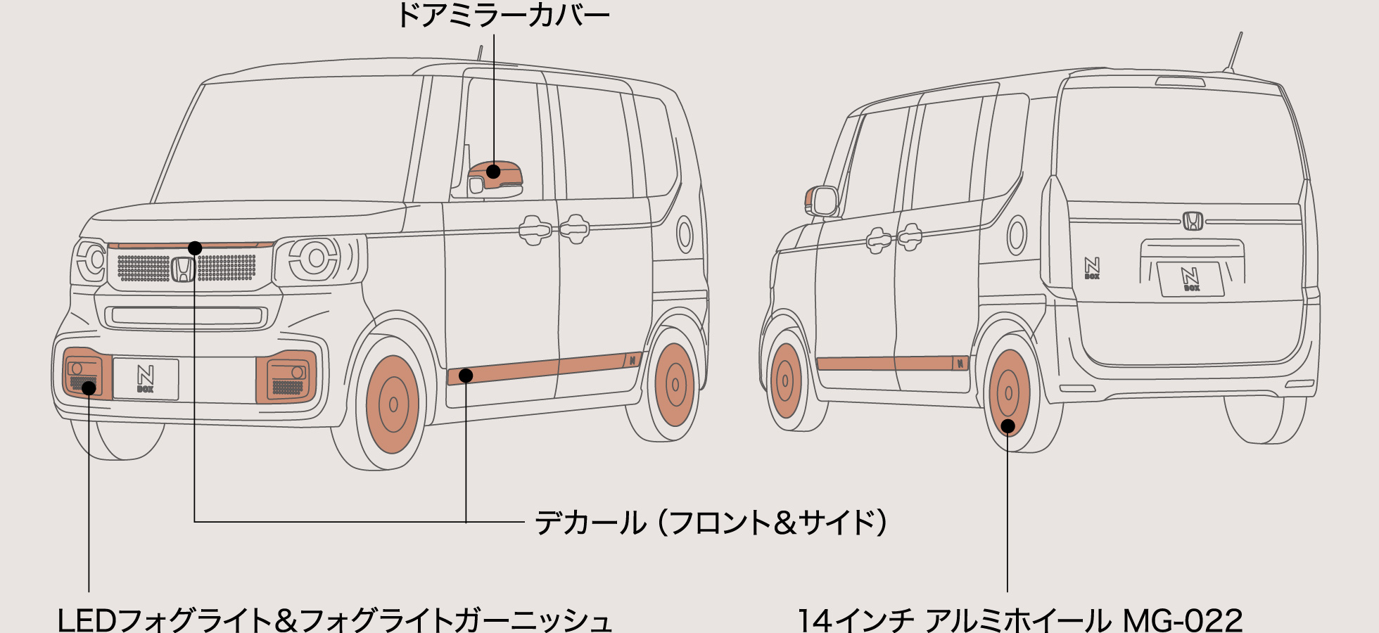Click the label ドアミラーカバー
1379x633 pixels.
coord(503,15)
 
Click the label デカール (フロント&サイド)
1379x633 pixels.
coord(711,523)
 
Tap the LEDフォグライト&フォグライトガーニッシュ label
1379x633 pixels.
coord(334,620)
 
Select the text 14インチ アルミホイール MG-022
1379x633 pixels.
coord(1019,620)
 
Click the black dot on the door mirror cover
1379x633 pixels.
coord(494,171)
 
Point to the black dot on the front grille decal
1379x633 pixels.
coord(195,248)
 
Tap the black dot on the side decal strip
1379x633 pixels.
coord(466,376)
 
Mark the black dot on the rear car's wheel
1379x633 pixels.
coord(1008,426)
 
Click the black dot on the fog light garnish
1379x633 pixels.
coord(89,388)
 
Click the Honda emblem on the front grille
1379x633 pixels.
coord(183,269)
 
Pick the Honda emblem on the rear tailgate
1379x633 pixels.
coord(1193,221)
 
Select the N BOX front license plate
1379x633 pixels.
coord(146,379)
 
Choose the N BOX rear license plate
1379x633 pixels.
coord(1190,279)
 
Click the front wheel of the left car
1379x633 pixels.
coord(392,404)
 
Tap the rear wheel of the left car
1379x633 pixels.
coord(674,385)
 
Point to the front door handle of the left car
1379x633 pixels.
coord(534,229)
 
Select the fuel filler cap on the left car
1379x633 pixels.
coord(685,234)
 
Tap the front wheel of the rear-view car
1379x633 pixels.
coord(785,381)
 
